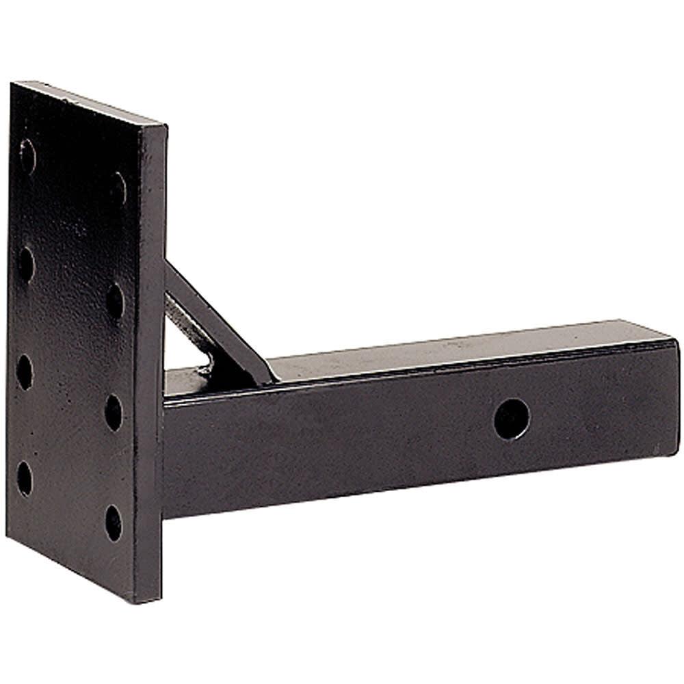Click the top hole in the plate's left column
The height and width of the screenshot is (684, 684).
[x=27, y=156]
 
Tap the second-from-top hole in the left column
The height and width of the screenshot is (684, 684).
[x=26, y=264]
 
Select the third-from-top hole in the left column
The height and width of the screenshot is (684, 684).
[x=25, y=371]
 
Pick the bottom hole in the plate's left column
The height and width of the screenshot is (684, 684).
[x=25, y=477]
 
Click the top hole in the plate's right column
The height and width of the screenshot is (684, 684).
[x=118, y=188]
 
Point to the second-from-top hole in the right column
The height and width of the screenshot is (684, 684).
[x=115, y=300]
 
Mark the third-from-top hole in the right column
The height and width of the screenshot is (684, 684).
[x=114, y=412]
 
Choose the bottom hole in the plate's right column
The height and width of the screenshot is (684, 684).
[x=114, y=523]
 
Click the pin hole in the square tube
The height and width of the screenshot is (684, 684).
[x=512, y=419]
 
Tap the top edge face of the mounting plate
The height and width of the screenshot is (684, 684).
[x=89, y=103]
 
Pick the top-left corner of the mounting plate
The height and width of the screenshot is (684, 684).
[x=14, y=84]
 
